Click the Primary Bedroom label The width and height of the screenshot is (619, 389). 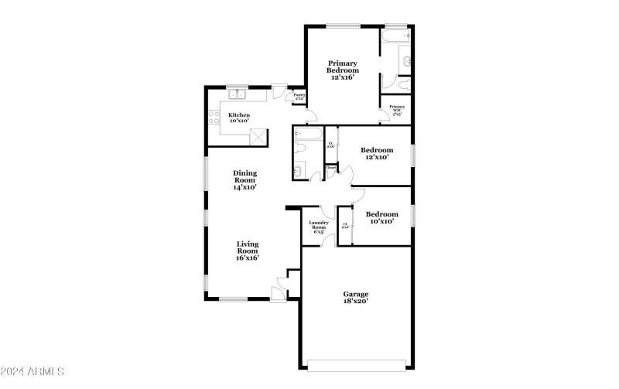[341, 70]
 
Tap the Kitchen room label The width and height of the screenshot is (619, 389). [238, 118]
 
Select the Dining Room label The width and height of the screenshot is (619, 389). [245, 179]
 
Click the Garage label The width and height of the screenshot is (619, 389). [355, 297]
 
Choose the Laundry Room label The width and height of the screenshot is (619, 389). [319, 227]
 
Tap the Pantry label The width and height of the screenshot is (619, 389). [299, 97]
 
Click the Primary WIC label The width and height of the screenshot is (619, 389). [396, 109]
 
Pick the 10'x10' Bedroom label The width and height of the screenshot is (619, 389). [381, 217]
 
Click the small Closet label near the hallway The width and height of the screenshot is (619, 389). [330, 167]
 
